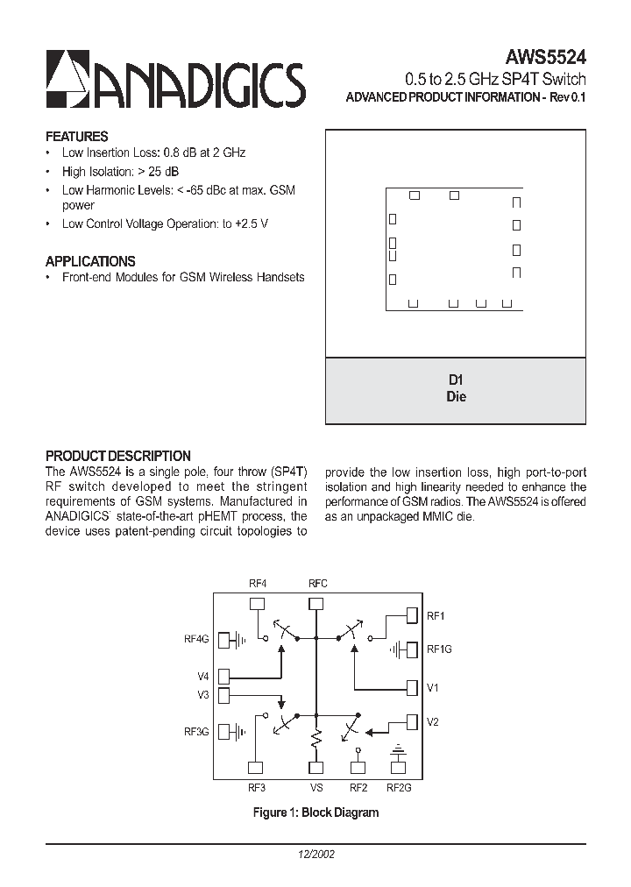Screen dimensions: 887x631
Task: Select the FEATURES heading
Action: click(77, 137)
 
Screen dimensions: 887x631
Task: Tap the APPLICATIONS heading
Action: click(90, 261)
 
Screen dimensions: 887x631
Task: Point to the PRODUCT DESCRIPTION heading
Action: click(118, 456)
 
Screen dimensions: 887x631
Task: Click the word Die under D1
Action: click(456, 396)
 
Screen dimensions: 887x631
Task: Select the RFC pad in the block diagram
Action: click(317, 603)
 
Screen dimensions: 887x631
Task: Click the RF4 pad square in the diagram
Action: click(258, 603)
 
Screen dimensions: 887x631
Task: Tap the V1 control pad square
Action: click(412, 687)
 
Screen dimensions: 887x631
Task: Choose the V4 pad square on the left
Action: click(224, 676)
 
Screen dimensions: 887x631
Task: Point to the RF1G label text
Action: click(439, 649)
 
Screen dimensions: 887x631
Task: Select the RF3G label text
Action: click(196, 731)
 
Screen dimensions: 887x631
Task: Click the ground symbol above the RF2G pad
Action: click(400, 751)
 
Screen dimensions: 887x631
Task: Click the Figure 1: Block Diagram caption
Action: click(315, 812)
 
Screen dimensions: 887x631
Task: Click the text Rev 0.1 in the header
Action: click(566, 97)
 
